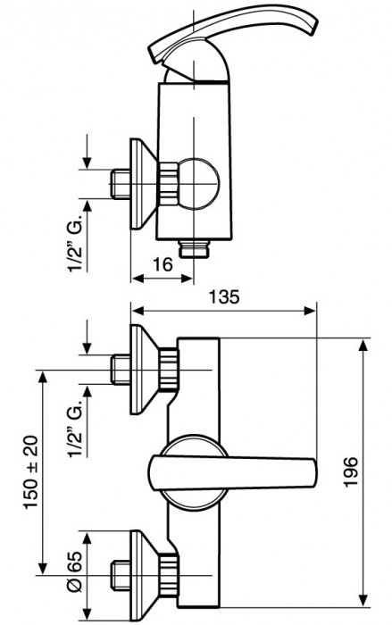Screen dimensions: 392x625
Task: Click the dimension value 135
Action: click(x=224, y=296)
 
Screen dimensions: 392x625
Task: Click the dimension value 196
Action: click(x=351, y=472)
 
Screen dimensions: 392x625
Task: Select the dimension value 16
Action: click(x=163, y=264)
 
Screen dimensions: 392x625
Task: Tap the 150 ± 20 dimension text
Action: click(x=31, y=472)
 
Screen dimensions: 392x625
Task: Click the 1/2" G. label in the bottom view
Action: click(x=75, y=429)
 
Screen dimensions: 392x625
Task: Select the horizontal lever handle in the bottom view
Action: click(x=233, y=472)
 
